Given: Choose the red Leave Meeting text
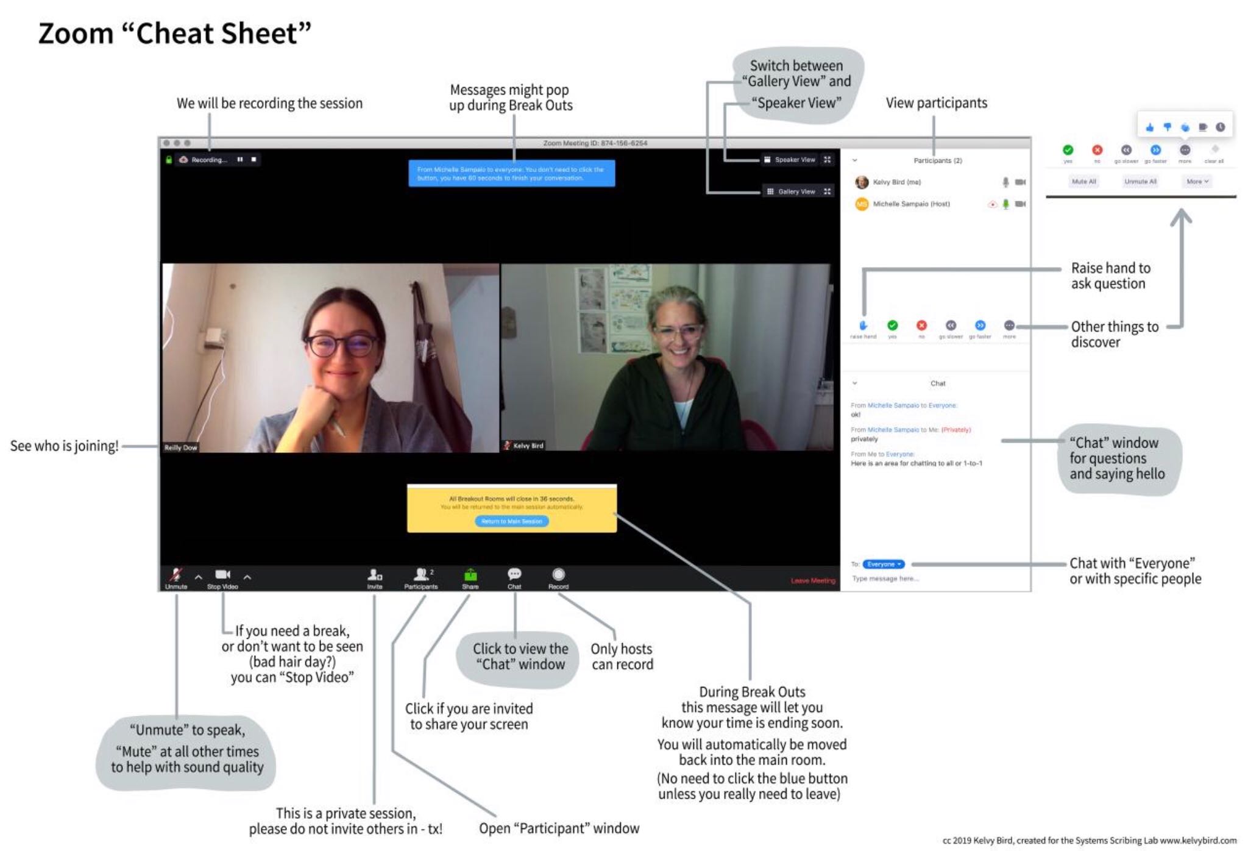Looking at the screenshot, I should pyautogui.click(x=813, y=580).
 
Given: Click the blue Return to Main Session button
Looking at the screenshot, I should pyautogui.click(x=511, y=521).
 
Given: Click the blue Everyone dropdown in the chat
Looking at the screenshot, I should pyautogui.click(x=884, y=564).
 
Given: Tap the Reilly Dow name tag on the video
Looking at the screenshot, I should pyautogui.click(x=180, y=447).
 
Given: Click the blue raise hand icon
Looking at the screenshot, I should pyautogui.click(x=863, y=326).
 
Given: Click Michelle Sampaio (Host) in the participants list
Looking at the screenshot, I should pyautogui.click(x=911, y=204).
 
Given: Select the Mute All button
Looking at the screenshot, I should pyautogui.click(x=1084, y=181).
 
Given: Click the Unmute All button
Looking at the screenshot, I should pyautogui.click(x=1140, y=181).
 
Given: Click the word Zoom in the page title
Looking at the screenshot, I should pyautogui.click(x=76, y=34).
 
